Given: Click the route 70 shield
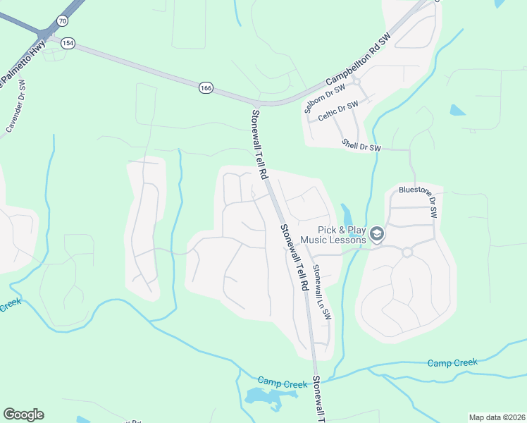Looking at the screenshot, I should (x=63, y=21).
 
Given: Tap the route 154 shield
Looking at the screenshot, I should (x=68, y=42).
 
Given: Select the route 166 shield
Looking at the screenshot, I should (x=205, y=87).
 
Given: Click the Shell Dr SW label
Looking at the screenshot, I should (x=361, y=145).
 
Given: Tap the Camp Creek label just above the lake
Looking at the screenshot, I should (x=282, y=383).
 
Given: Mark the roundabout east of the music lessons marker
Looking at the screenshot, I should (x=407, y=252).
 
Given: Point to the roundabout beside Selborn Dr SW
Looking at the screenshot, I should (x=356, y=81).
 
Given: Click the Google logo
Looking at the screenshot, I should (x=23, y=415).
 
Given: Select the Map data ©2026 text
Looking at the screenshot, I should (x=497, y=417).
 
